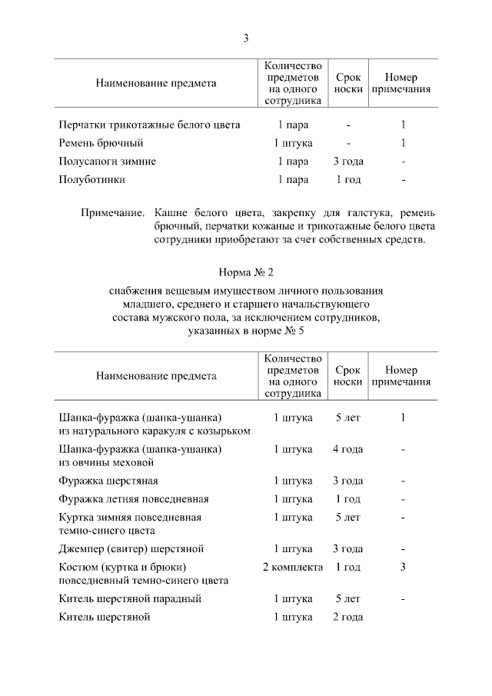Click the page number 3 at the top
pyautogui.click(x=246, y=38)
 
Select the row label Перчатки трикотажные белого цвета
pyautogui.click(x=150, y=125)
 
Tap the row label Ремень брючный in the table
pyautogui.click(x=101, y=143)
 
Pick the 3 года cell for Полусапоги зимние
pyautogui.click(x=348, y=162)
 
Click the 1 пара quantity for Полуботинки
pyautogui.click(x=293, y=180)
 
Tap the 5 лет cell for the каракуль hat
pyautogui.click(x=348, y=418)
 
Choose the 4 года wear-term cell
pyautogui.click(x=348, y=449)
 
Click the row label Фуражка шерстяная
pyautogui.click(x=108, y=481)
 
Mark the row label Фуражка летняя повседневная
pyautogui.click(x=134, y=499)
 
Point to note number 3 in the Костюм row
pyautogui.click(x=403, y=567)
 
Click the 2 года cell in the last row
pyautogui.click(x=348, y=617)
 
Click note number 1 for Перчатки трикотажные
pyautogui.click(x=403, y=125)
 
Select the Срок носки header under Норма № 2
pyautogui.click(x=348, y=376)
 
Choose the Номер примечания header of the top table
pyautogui.click(x=401, y=83)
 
